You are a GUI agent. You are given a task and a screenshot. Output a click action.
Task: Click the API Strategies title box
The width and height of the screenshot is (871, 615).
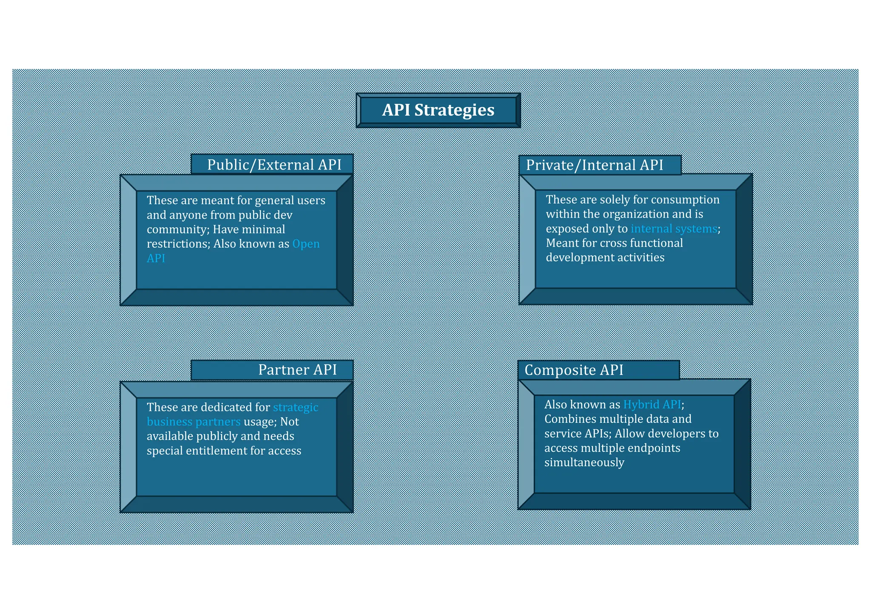point(438,111)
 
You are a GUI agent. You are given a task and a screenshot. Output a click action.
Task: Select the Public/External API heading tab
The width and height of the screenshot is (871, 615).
point(274,164)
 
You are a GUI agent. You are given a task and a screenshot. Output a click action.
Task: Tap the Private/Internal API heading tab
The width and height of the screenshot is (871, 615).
point(595,165)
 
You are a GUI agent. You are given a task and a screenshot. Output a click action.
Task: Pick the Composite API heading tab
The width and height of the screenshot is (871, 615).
point(574,370)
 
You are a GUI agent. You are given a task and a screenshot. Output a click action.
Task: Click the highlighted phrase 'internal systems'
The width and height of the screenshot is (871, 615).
point(674,229)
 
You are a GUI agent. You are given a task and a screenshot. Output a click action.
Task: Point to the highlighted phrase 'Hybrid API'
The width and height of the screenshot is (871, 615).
point(652,404)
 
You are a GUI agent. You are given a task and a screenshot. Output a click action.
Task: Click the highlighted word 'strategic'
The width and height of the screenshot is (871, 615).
point(296,407)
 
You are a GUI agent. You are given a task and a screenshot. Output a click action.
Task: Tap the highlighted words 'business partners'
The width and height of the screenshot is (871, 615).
point(194,422)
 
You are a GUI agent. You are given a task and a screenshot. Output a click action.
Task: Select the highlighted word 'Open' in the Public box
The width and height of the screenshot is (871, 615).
point(306,244)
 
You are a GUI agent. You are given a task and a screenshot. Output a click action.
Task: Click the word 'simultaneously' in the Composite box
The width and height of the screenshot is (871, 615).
point(584,462)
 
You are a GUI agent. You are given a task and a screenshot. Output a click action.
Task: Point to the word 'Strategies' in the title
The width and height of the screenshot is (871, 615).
point(454,111)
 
